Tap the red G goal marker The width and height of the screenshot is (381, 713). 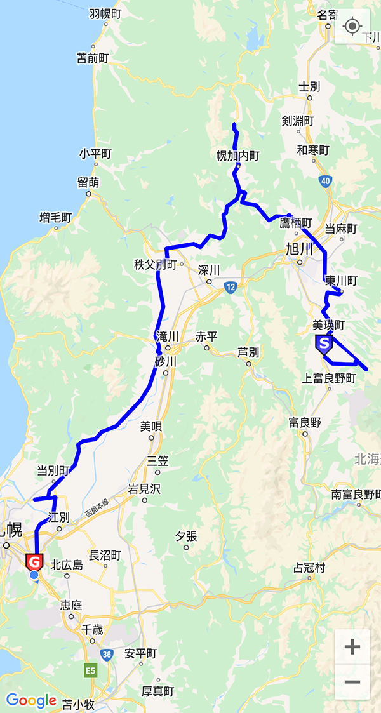click(x=34, y=562)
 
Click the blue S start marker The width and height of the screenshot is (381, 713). click(x=324, y=345)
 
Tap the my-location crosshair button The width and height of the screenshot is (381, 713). click(x=352, y=26)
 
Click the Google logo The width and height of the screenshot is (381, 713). click(x=31, y=700)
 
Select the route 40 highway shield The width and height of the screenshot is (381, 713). click(x=325, y=182)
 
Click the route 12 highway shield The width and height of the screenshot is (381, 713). click(x=230, y=288)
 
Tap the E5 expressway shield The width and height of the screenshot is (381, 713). click(x=91, y=670)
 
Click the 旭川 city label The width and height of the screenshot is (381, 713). click(x=300, y=248)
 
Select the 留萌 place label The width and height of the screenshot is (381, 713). click(x=88, y=182)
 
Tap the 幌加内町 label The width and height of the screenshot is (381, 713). click(x=238, y=156)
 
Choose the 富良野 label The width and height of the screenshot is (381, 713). click(x=305, y=422)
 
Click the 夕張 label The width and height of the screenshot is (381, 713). click(x=186, y=536)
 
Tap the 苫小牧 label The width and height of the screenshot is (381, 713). click(x=78, y=703)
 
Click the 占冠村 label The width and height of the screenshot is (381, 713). click(x=310, y=568)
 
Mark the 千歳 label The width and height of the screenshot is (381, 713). click(x=91, y=629)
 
